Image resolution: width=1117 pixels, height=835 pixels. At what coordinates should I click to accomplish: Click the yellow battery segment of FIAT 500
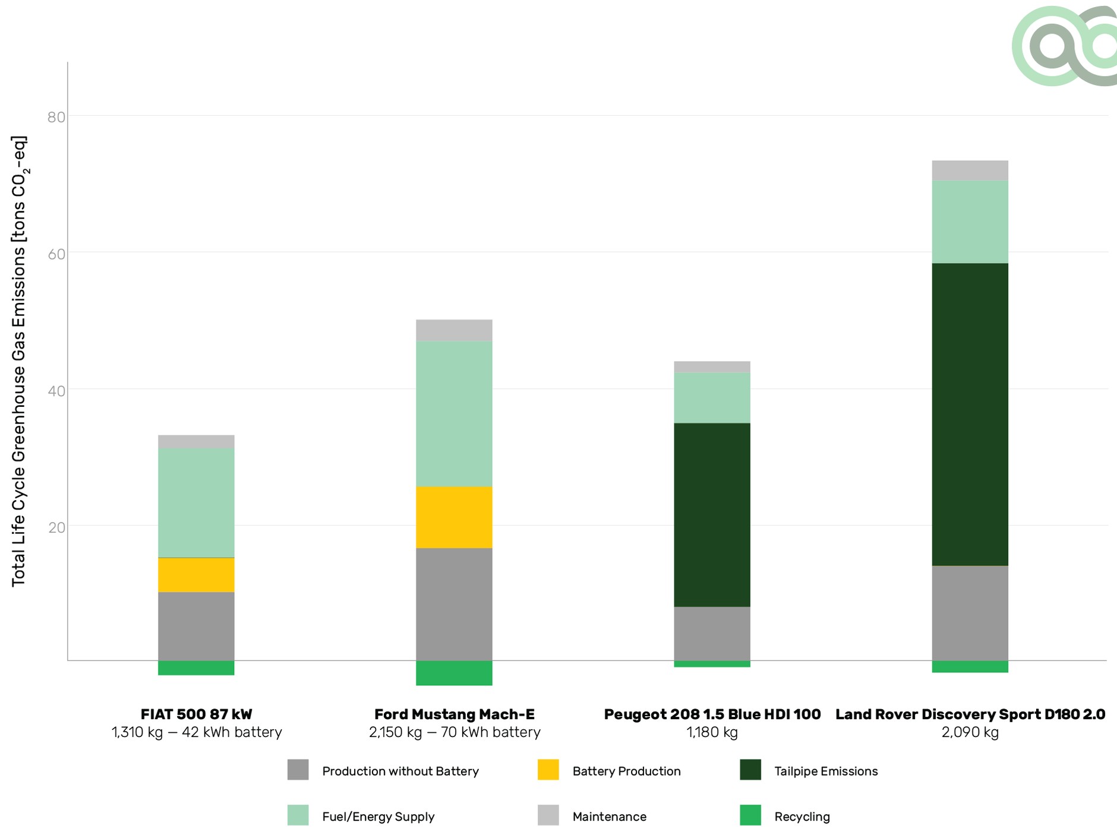point(196,575)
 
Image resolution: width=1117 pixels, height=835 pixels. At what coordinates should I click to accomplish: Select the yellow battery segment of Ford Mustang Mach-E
point(454,517)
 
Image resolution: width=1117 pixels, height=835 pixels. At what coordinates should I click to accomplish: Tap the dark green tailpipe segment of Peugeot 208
point(712,514)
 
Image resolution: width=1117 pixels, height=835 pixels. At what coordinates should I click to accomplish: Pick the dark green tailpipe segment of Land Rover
point(970,414)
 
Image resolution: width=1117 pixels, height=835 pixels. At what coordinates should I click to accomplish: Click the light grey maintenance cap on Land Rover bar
point(970,170)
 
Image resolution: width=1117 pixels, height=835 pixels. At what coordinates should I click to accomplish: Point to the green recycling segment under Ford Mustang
point(454,673)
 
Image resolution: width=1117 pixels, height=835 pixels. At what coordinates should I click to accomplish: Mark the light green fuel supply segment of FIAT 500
point(196,502)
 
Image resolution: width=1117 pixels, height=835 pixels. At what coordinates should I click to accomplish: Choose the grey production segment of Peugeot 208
point(712,633)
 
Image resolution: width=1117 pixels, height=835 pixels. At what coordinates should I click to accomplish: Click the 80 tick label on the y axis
point(56,117)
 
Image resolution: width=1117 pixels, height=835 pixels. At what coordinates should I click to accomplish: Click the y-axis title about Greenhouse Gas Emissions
point(19,361)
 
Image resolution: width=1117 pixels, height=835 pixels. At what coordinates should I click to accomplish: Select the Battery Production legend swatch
point(548,770)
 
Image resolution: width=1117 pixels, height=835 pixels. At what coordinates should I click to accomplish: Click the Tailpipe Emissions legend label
point(826,771)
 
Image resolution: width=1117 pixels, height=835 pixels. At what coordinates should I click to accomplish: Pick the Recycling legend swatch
point(750,815)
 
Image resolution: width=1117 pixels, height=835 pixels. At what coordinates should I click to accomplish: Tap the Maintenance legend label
point(609,817)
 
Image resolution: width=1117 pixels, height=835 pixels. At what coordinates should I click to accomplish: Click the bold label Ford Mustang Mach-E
point(454,714)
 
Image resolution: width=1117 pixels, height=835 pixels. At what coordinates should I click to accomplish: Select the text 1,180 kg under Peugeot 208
point(712,732)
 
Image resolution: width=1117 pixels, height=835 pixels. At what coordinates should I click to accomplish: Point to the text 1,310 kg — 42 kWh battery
point(196,732)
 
